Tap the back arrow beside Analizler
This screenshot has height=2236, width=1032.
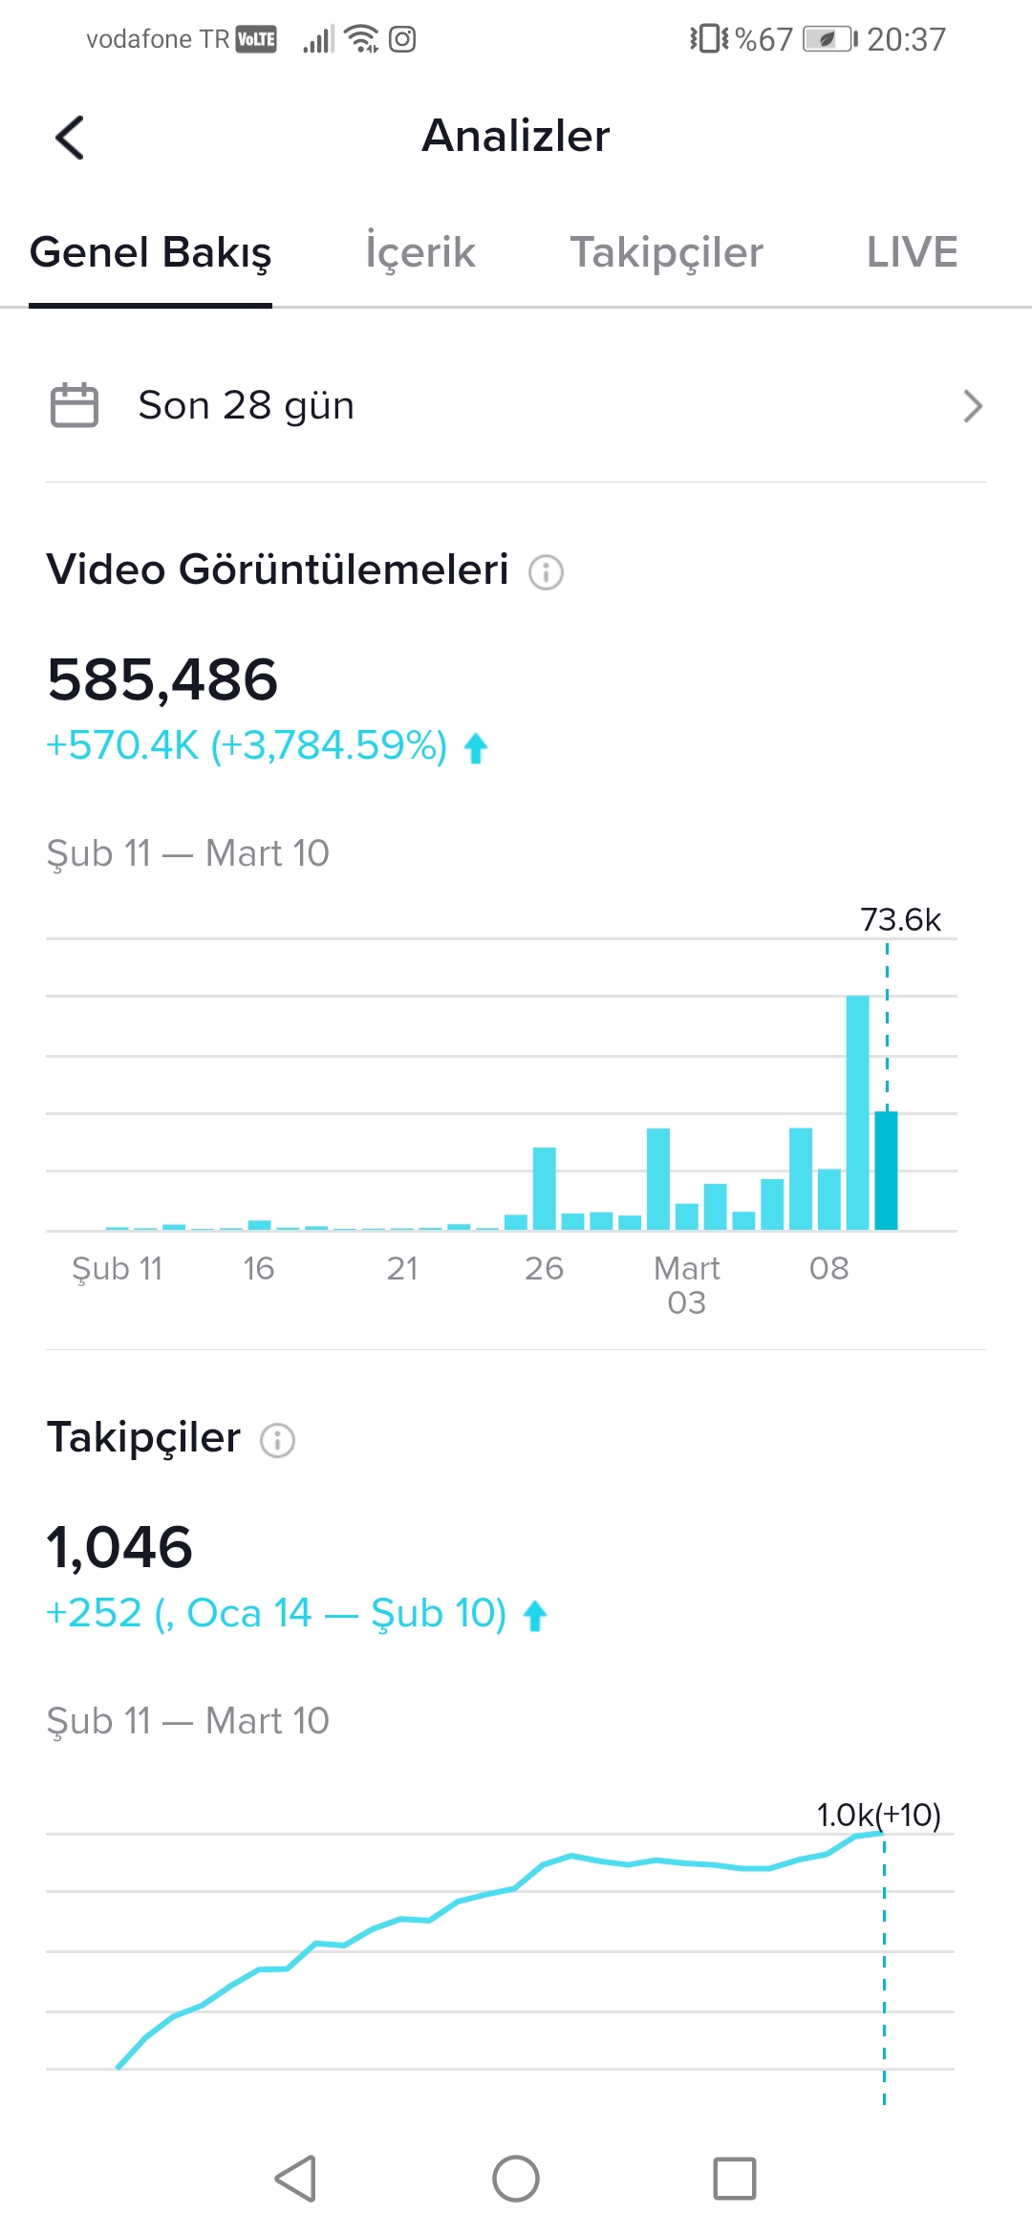(x=70, y=138)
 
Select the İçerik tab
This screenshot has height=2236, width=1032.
(x=420, y=252)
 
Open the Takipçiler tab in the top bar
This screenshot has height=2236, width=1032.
(x=667, y=253)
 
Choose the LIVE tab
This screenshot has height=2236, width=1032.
(x=912, y=252)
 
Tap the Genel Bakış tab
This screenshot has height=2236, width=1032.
(x=151, y=253)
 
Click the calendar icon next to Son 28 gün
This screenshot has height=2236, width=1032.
(x=75, y=405)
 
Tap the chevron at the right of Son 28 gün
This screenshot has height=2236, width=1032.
(x=973, y=406)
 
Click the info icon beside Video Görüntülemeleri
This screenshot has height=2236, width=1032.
(x=547, y=572)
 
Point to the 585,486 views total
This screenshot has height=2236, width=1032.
(x=162, y=679)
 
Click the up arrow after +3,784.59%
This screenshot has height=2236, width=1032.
(x=476, y=748)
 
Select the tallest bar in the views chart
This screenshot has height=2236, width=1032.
(x=858, y=1112)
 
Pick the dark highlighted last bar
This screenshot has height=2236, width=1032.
(x=887, y=1171)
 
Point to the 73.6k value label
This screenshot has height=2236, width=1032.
(x=901, y=919)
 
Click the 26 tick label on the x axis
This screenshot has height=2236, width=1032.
(x=544, y=1268)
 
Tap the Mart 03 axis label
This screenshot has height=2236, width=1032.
(x=687, y=1285)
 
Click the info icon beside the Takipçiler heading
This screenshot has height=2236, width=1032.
(x=278, y=1440)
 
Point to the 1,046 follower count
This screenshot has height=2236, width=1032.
(x=120, y=1547)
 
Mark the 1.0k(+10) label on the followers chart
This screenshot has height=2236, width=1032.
(x=879, y=1815)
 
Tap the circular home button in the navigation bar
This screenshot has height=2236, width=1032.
(x=516, y=2179)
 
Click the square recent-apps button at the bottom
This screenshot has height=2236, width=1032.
(x=735, y=2179)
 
